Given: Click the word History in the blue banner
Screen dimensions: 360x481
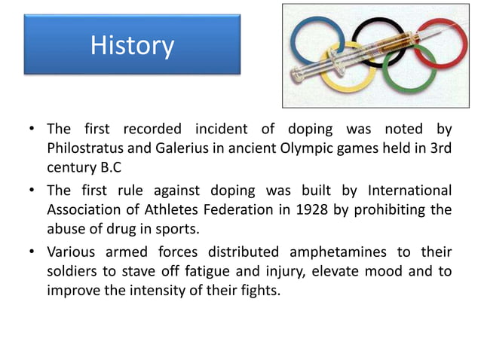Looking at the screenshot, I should click(x=132, y=46).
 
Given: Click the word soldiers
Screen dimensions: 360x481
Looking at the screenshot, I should click(x=72, y=270).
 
